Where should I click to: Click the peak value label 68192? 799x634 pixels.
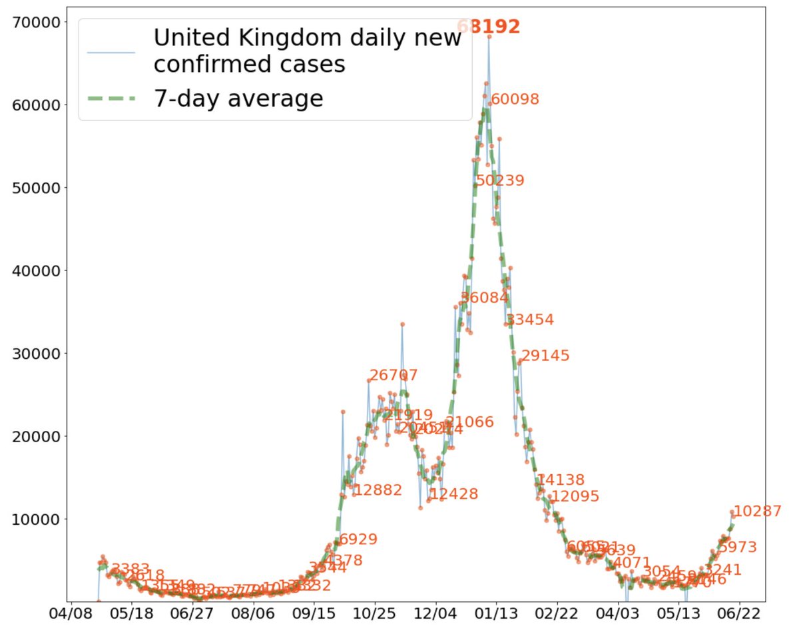click(x=489, y=27)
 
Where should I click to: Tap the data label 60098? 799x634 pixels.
click(x=515, y=99)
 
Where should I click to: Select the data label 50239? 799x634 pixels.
click(x=500, y=180)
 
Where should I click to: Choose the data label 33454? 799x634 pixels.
click(x=530, y=320)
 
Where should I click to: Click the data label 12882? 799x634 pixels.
click(x=378, y=490)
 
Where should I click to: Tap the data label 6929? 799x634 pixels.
click(x=358, y=539)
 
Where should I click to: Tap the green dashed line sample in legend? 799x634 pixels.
click(x=111, y=99)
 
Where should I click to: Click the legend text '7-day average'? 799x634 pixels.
click(x=238, y=99)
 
